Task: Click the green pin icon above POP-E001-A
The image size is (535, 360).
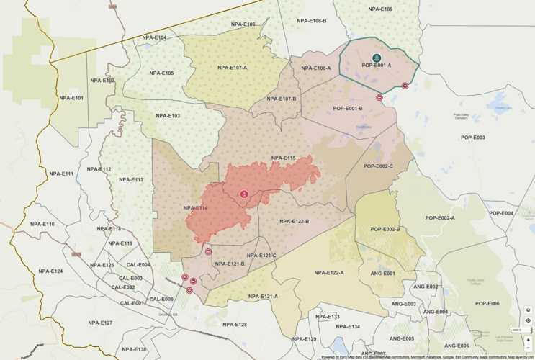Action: [x=377, y=58]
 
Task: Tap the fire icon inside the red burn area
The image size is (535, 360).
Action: [x=244, y=194]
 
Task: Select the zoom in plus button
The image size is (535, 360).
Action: [x=529, y=340]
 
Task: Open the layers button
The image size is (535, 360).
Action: [x=529, y=310]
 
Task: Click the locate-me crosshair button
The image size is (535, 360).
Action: [x=529, y=320]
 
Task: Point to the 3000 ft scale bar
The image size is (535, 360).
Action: [x=517, y=330]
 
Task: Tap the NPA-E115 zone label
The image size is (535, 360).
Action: [x=284, y=158]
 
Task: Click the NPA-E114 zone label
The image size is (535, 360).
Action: [x=195, y=208]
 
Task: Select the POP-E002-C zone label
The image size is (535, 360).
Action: [x=378, y=166]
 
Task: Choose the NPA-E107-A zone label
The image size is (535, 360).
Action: [x=232, y=68]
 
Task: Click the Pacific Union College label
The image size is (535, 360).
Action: [x=477, y=282]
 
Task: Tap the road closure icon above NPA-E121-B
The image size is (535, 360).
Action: [x=208, y=252]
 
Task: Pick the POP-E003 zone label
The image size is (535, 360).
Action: [x=473, y=138]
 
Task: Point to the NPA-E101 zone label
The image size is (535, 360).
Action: [x=71, y=97]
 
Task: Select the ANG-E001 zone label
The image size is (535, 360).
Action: [x=382, y=274]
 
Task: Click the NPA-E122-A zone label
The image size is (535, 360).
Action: [x=329, y=273]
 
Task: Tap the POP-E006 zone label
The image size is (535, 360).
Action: [x=487, y=304]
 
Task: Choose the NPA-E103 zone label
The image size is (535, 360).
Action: [x=168, y=116]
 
